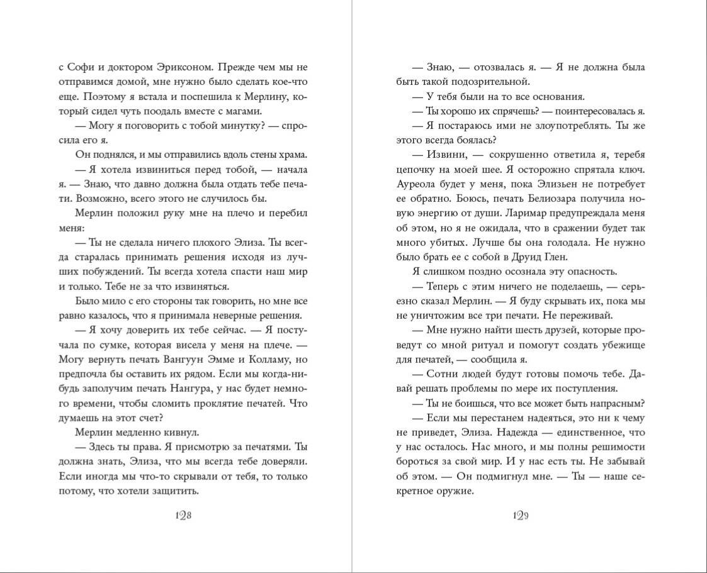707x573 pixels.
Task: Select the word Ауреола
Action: (419, 184)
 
